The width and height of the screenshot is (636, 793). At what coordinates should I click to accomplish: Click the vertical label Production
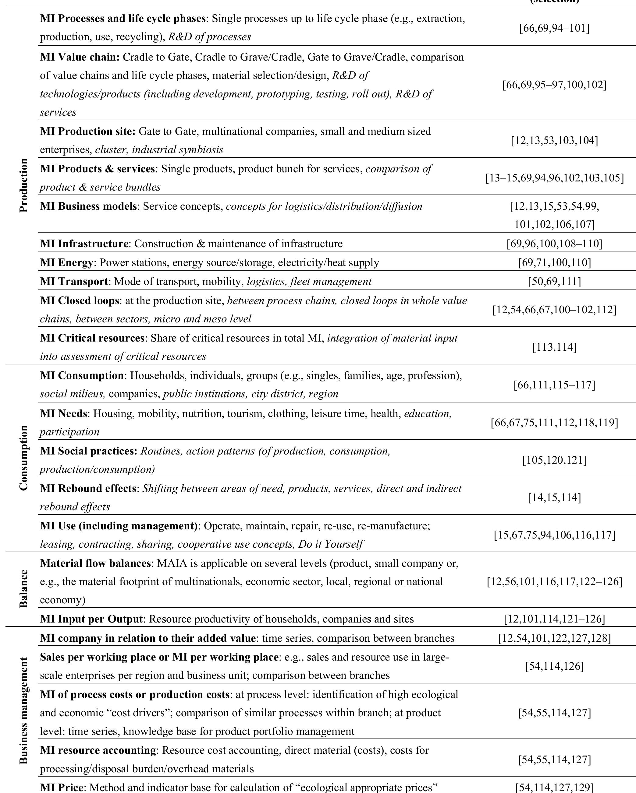click(23, 185)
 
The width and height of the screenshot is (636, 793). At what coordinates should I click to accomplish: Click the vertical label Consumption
click(23, 458)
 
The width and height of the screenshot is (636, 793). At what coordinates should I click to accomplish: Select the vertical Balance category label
click(23, 588)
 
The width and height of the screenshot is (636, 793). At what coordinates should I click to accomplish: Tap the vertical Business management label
click(23, 710)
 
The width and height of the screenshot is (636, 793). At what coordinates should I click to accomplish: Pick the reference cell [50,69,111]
click(554, 281)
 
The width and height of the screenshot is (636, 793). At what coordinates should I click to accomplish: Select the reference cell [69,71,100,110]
click(554, 263)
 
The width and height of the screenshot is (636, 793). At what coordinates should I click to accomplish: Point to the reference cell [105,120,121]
click(554, 460)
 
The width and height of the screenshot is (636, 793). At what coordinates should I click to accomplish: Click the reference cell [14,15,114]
click(554, 498)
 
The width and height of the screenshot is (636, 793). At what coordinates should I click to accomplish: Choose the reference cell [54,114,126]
click(554, 666)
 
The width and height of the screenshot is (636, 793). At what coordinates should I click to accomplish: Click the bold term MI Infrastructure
click(84, 244)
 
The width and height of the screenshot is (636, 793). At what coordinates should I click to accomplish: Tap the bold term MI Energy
click(66, 263)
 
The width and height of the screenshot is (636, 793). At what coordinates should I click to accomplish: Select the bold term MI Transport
click(74, 281)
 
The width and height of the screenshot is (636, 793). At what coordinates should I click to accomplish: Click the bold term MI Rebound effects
click(88, 489)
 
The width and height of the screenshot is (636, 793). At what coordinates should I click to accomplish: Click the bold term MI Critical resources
click(92, 338)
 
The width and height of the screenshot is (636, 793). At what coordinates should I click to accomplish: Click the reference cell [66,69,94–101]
click(554, 28)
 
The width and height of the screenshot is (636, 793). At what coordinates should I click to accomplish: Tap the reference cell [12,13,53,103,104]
click(554, 141)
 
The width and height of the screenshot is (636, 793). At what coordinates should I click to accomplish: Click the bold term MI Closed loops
click(80, 300)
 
